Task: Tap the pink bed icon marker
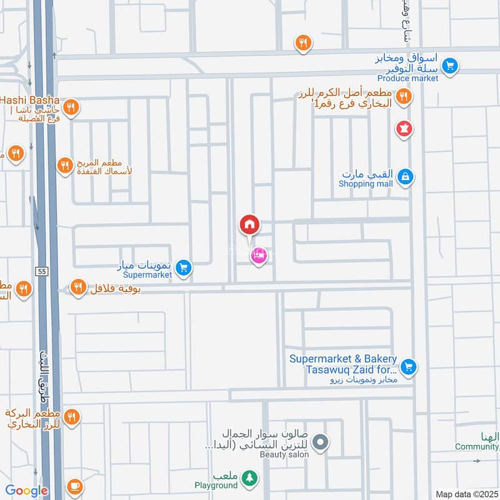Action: [x=258, y=254]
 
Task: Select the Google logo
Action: [x=26, y=491]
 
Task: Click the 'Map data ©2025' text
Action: [x=466, y=494]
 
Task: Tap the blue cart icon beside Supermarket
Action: [x=183, y=267]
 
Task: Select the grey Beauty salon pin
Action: [x=321, y=442]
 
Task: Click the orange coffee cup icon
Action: [x=74, y=486]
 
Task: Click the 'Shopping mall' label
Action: [x=366, y=184]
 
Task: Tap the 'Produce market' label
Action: [x=407, y=78]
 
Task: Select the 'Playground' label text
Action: [x=216, y=485]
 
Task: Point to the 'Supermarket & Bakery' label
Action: [x=343, y=359]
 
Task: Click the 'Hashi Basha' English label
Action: [x=29, y=100]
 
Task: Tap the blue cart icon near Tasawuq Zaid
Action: [x=408, y=366]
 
